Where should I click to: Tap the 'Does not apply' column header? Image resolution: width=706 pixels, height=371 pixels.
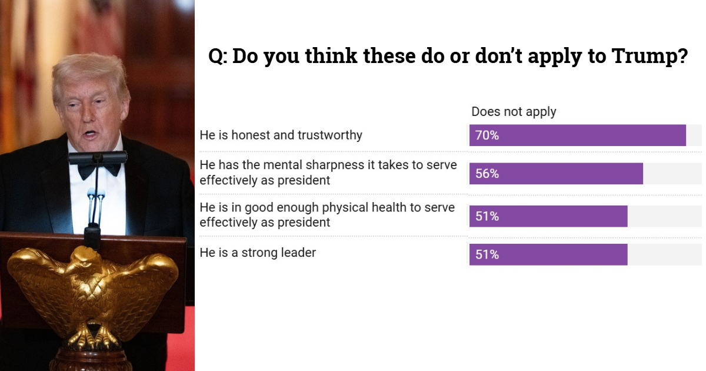514,111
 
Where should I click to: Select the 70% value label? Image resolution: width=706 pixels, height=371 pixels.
487,135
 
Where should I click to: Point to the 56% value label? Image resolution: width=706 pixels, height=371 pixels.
487,174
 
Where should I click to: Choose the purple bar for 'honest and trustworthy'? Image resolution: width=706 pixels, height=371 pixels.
588,135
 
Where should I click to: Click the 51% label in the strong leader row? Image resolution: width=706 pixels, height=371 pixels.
487,254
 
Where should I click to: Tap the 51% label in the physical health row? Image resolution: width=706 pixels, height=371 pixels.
487,216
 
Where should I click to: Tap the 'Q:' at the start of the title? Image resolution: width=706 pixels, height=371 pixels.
218,57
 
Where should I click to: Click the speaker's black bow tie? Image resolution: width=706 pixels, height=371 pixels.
98,168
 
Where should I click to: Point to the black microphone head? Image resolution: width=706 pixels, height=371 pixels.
98,157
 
